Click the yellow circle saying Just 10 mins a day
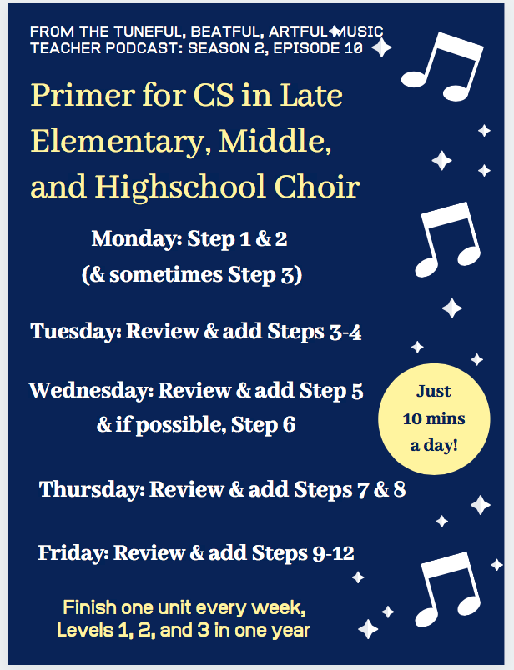coord(434,418)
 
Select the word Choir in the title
coord(317,187)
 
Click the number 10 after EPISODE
coord(354,47)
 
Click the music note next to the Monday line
coord(447,239)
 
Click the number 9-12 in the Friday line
coord(333,553)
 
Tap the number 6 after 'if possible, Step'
coord(289,425)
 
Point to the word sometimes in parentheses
coord(165,274)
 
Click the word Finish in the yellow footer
coord(89,607)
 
